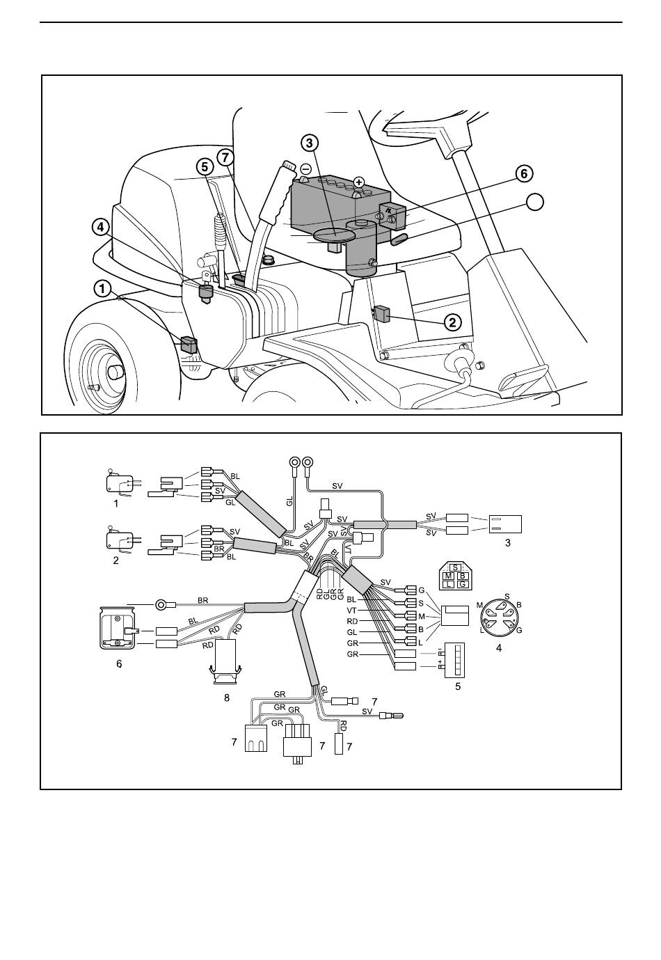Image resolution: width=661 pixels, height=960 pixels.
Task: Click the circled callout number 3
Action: [x=310, y=143]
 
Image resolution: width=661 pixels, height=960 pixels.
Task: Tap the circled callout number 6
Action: [x=524, y=173]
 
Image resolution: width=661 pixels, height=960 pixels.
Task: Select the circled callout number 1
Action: [x=102, y=289]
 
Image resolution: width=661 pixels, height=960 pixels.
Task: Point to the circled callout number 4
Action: [x=101, y=228]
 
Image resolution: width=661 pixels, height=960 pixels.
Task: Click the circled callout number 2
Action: [x=453, y=322]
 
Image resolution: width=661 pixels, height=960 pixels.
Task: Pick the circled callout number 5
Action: [x=205, y=166]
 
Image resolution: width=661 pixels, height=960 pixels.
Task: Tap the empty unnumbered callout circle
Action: [x=534, y=202]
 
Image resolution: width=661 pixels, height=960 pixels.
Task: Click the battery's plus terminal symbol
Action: [x=359, y=182]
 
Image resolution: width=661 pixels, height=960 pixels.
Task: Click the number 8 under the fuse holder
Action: [x=227, y=698]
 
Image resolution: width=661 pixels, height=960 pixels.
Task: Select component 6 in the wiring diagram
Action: [x=116, y=629]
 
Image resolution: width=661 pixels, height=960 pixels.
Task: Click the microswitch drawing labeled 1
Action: [x=122, y=482]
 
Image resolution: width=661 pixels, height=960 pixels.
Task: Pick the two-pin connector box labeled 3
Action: [x=505, y=524]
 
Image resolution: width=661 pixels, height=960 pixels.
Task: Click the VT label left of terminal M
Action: [x=351, y=611]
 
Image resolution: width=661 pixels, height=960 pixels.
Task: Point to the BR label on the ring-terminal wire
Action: [x=203, y=600]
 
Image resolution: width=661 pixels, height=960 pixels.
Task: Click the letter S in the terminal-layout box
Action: [x=455, y=568]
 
